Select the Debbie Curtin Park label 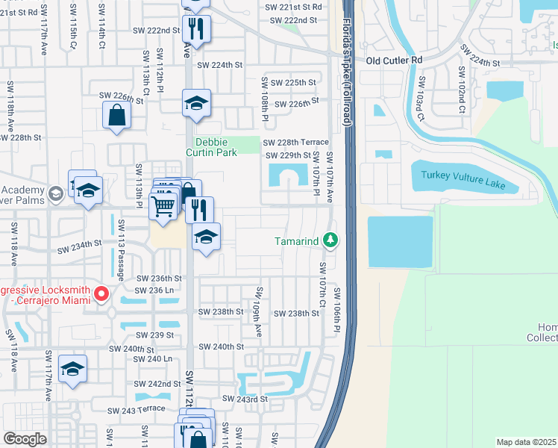[x=216, y=147]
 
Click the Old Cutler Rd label [x=394, y=60]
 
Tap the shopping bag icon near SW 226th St [x=117, y=116]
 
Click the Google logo [x=25, y=439]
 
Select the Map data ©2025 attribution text [x=526, y=442]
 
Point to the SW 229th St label [x=289, y=155]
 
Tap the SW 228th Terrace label [x=295, y=142]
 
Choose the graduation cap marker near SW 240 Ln [x=72, y=370]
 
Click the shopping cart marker [x=163, y=205]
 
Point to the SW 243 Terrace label [x=135, y=410]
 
